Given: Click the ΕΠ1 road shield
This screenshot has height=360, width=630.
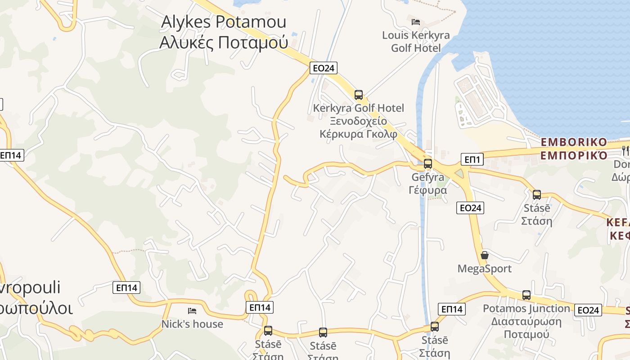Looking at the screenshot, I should click(x=472, y=159).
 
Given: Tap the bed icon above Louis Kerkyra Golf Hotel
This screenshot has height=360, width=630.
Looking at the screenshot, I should click(x=415, y=22).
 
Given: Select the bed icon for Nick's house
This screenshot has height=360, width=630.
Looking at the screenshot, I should click(x=192, y=310).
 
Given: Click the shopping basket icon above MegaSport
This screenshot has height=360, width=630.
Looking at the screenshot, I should click(x=485, y=255).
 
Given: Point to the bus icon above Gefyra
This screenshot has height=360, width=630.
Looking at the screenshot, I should click(x=428, y=164).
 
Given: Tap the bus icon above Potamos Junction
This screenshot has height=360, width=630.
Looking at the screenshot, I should click(x=526, y=295).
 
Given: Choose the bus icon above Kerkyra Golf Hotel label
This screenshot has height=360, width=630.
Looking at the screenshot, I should click(x=359, y=95).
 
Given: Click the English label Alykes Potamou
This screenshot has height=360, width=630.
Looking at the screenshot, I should click(x=224, y=22).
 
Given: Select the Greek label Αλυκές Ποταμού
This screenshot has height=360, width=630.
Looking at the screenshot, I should click(x=224, y=42).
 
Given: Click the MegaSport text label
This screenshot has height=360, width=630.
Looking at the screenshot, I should click(x=484, y=269).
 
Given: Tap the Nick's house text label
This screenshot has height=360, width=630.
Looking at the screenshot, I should click(x=192, y=324).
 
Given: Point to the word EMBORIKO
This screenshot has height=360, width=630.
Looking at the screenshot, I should click(x=574, y=142).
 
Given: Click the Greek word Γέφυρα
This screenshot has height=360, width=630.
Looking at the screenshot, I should click(x=428, y=190).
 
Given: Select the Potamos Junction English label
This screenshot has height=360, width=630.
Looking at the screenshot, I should click(x=526, y=309).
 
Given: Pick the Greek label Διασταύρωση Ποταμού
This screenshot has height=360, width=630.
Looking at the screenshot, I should click(x=526, y=328).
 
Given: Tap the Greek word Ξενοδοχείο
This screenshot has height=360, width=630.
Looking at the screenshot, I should click(x=358, y=121).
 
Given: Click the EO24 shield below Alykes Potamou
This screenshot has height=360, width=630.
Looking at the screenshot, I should click(x=324, y=68).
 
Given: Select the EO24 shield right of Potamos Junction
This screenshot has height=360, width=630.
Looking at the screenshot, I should click(x=588, y=310).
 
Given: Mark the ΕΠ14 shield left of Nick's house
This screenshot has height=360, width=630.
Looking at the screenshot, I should click(x=126, y=288).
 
